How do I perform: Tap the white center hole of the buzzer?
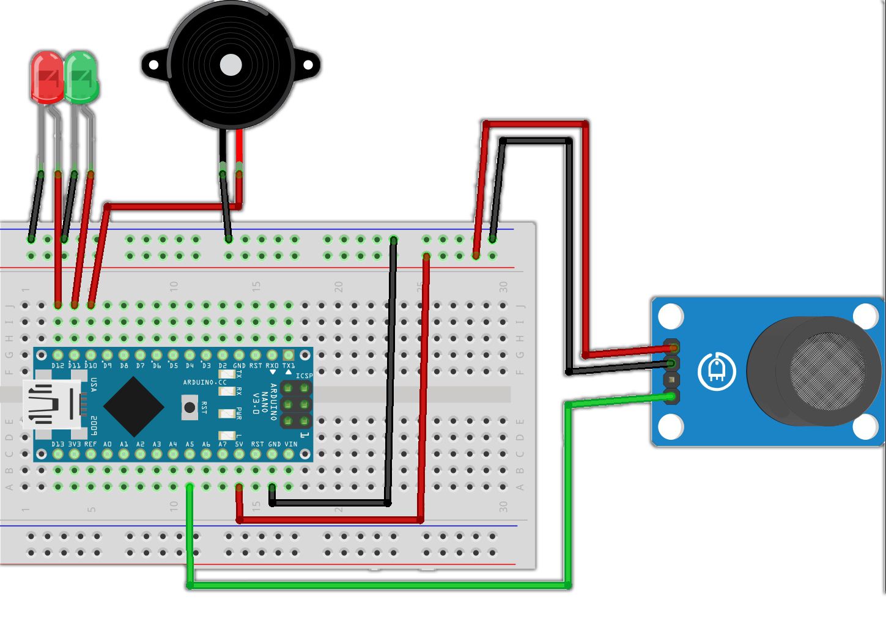pyautogui.click(x=231, y=65)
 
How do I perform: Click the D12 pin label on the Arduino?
pyautogui.click(x=58, y=366)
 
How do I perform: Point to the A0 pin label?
pyautogui.click(x=108, y=444)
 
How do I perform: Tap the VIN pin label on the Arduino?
pyautogui.click(x=290, y=444)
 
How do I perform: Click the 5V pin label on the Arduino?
pyautogui.click(x=239, y=444)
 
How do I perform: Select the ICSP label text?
pyautogui.click(x=304, y=376)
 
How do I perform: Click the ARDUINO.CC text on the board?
pyautogui.click(x=204, y=382)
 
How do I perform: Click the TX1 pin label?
pyautogui.click(x=288, y=366)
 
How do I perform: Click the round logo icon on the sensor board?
pyautogui.click(x=716, y=371)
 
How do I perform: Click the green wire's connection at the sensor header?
pyautogui.click(x=672, y=396)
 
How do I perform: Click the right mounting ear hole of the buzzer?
pyautogui.click(x=308, y=65)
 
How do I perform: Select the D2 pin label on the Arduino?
pyautogui.click(x=223, y=366)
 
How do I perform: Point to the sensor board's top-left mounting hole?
pyautogui.click(x=671, y=316)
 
